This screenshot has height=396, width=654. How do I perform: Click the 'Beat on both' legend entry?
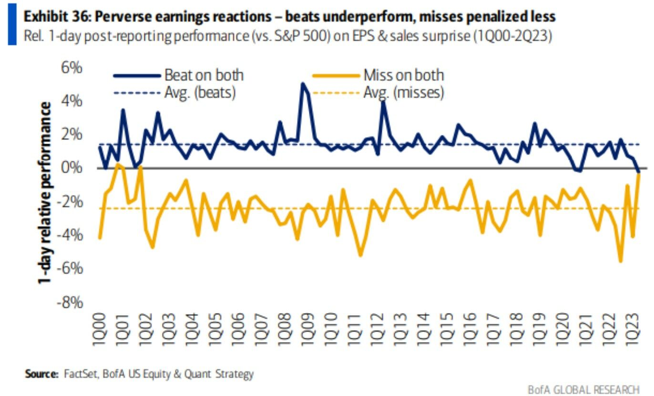pyautogui.click(x=204, y=75)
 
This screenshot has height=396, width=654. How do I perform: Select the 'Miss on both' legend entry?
pyautogui.click(x=403, y=75)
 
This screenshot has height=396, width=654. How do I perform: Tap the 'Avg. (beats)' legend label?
pyautogui.click(x=200, y=92)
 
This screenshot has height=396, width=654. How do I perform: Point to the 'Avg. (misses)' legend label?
pyautogui.click(x=404, y=92)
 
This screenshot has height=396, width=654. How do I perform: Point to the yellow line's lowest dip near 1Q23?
pyautogui.click(x=621, y=261)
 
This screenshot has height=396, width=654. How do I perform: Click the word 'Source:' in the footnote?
pyautogui.click(x=41, y=374)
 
